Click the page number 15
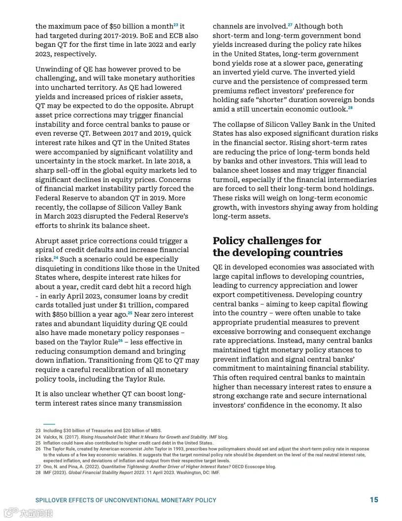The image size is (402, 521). coord(374,500)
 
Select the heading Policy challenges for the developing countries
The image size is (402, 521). coord(277,247)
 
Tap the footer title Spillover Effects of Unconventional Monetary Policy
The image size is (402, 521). coord(126,500)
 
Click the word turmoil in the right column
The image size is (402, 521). coord(227,180)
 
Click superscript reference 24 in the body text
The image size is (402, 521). coord(56,258)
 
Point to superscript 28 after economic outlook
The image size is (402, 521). coord(350,108)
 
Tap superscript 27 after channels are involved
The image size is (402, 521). coord(290,25)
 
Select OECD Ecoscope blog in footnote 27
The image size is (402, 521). coord(255,467)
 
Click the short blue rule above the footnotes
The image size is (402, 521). coord(49,424)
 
